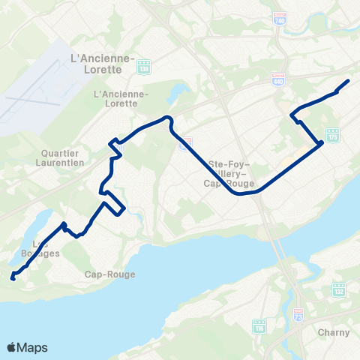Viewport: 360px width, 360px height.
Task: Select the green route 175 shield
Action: (333, 137)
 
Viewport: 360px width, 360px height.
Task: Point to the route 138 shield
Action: (144, 67)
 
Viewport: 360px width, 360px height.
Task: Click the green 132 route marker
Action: (338, 288)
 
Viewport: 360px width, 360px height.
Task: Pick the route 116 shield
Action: (260, 327)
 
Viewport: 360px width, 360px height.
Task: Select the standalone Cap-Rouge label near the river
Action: (109, 274)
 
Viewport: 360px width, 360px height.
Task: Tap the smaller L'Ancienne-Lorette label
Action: (120, 99)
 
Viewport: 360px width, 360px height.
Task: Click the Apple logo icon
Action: (11, 347)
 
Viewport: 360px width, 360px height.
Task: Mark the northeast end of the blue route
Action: (348, 81)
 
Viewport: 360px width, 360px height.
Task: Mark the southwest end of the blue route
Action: (12, 279)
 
